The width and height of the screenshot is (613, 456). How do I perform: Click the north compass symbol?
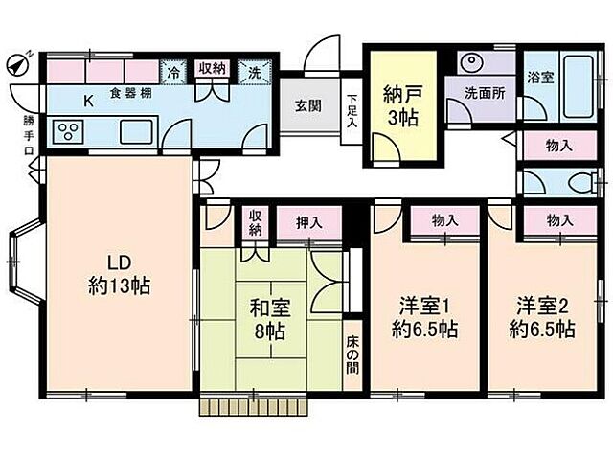point(16,63)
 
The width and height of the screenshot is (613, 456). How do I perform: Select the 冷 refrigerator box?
point(174,71)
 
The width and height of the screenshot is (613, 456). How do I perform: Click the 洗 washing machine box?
point(255,71)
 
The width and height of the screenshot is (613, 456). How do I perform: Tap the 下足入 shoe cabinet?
point(352,111)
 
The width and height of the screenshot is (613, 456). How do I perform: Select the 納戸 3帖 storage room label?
point(401,105)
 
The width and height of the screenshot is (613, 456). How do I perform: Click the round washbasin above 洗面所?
point(471,62)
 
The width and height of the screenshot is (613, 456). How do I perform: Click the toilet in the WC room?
point(578,182)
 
